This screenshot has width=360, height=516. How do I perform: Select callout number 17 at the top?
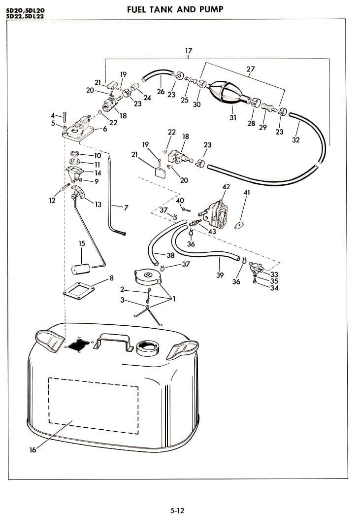coord(188,51)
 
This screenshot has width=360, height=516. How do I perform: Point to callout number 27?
coord(250,69)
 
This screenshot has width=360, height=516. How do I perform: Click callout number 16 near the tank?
coord(33,450)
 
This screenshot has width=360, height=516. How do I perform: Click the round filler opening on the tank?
coord(148,346)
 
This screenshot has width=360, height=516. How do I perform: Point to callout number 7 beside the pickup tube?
coord(126,208)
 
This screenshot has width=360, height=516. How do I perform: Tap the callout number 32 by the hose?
coord(295,139)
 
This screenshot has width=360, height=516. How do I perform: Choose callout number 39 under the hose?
coord(220,275)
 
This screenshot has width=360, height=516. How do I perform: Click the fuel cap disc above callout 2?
coord(148,275)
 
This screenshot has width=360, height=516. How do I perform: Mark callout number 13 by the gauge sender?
coord(98,205)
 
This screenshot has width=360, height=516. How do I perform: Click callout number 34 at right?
coord(274,288)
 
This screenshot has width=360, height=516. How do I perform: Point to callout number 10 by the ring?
coord(98,156)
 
